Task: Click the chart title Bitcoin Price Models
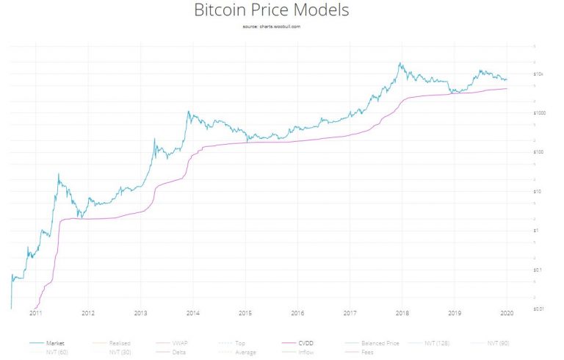(271, 11)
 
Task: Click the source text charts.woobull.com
(271, 26)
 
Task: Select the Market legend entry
(55, 342)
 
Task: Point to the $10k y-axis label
(538, 74)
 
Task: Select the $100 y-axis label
(538, 152)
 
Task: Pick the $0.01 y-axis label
(538, 309)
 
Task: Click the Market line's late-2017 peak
(399, 63)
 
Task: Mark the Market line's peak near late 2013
(189, 112)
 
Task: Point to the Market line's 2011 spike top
(59, 175)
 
